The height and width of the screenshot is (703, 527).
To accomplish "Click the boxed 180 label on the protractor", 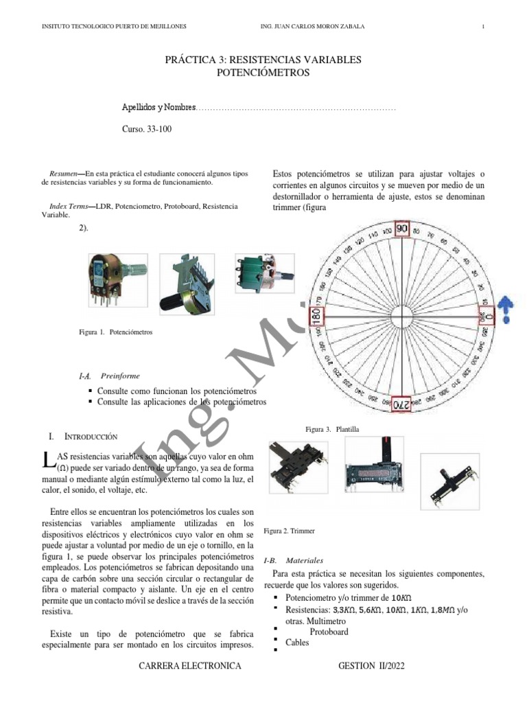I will tap(316, 316).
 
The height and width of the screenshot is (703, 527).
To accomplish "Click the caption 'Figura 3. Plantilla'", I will tap(333, 429).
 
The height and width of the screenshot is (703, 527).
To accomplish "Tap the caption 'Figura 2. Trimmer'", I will tap(289, 531).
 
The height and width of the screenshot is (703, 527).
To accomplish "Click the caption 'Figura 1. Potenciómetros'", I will tap(115, 332).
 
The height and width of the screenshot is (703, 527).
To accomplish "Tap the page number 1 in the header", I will tap(484, 27).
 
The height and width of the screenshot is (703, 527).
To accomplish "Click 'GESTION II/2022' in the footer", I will tap(376, 667).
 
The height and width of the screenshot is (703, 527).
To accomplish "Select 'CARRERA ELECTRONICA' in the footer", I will tap(190, 667).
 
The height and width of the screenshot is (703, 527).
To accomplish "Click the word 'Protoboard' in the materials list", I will tap(329, 632).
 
